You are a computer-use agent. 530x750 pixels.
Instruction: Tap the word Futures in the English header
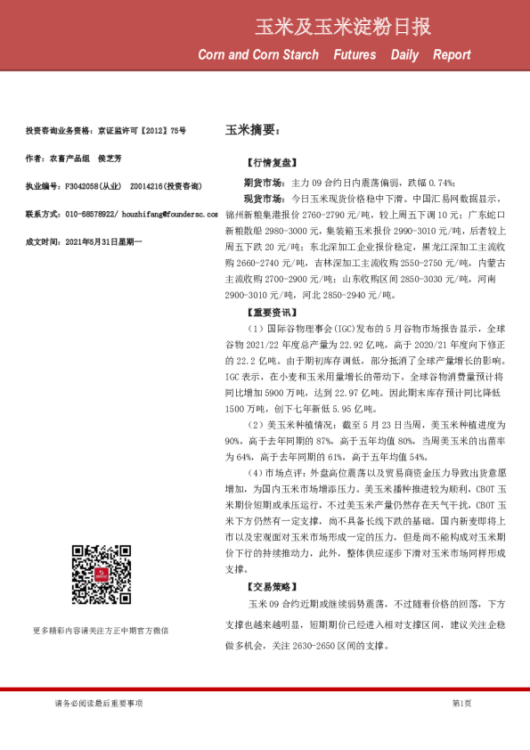(x=355, y=55)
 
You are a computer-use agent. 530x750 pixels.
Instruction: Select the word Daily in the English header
(x=404, y=55)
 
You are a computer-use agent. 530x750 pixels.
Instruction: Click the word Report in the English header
(x=452, y=55)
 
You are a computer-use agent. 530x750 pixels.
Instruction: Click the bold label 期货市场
(x=263, y=182)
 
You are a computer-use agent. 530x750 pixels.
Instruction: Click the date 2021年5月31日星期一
(x=97, y=242)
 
